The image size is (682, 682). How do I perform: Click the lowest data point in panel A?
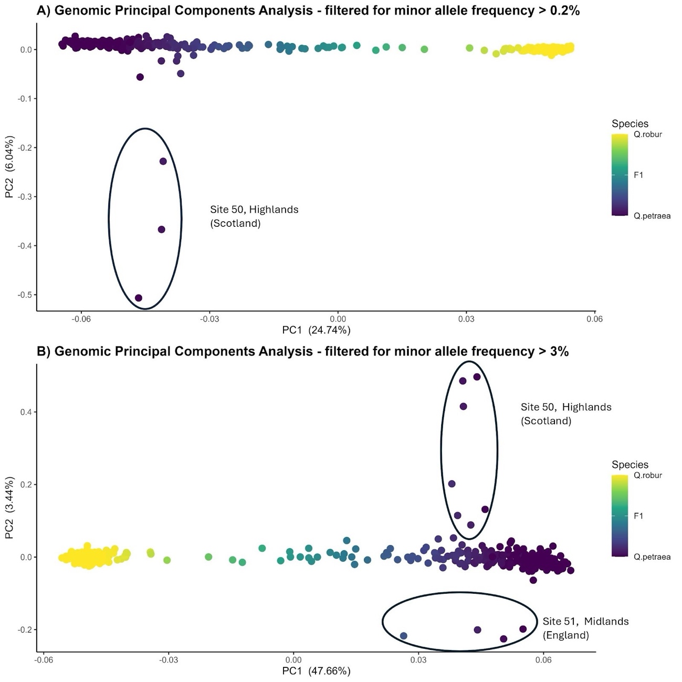coord(139,298)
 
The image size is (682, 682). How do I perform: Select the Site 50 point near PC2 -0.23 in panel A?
coord(163,161)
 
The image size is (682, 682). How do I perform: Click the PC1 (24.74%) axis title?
coord(316,330)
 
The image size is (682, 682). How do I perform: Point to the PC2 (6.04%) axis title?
coord(9,167)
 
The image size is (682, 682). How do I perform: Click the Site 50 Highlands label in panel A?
coord(254,216)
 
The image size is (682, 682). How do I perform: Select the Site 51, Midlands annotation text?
coord(585,628)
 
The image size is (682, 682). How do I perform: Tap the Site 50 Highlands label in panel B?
coord(566,414)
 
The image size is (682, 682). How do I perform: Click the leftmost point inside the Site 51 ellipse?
coord(403,636)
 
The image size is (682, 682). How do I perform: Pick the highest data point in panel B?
coord(477,376)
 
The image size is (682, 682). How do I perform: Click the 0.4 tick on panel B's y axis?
coord(25,412)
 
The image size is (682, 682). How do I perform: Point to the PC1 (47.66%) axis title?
coord(316,671)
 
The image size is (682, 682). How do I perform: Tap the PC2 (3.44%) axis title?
coord(9,508)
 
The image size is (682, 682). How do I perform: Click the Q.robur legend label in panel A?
coord(647,134)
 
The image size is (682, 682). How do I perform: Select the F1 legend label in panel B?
coord(638,516)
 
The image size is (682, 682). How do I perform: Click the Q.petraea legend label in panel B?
coord(652,557)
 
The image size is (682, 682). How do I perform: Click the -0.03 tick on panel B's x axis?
coord(167,660)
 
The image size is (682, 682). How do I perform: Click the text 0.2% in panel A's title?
coord(563,10)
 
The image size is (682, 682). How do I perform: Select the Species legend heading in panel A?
coord(629,124)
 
